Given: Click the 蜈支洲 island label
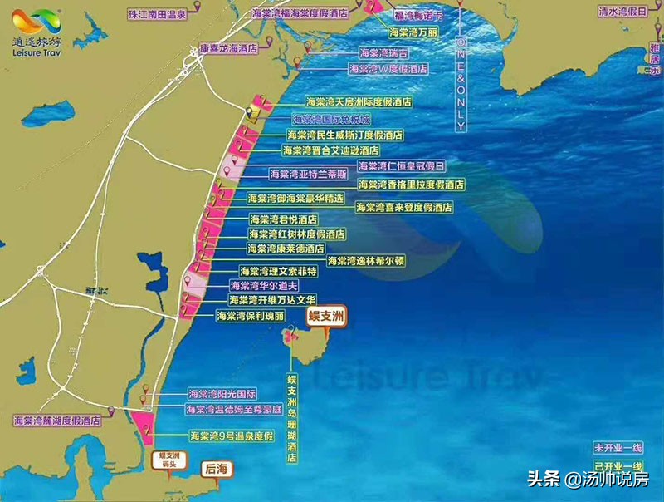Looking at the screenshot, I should pyautogui.click(x=325, y=317).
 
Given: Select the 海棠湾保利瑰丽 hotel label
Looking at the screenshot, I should pyautogui.click(x=250, y=316).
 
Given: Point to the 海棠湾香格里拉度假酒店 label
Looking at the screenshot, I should pyautogui.click(x=410, y=185).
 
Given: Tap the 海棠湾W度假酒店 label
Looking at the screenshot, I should pyautogui.click(x=388, y=69).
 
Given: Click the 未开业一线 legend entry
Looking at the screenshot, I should pyautogui.click(x=618, y=447).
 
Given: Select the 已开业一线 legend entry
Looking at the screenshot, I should pyautogui.click(x=618, y=465).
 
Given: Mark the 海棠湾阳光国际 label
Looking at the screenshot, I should pyautogui.click(x=222, y=394).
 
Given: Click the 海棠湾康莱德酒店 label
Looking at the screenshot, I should pyautogui.click(x=286, y=249).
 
